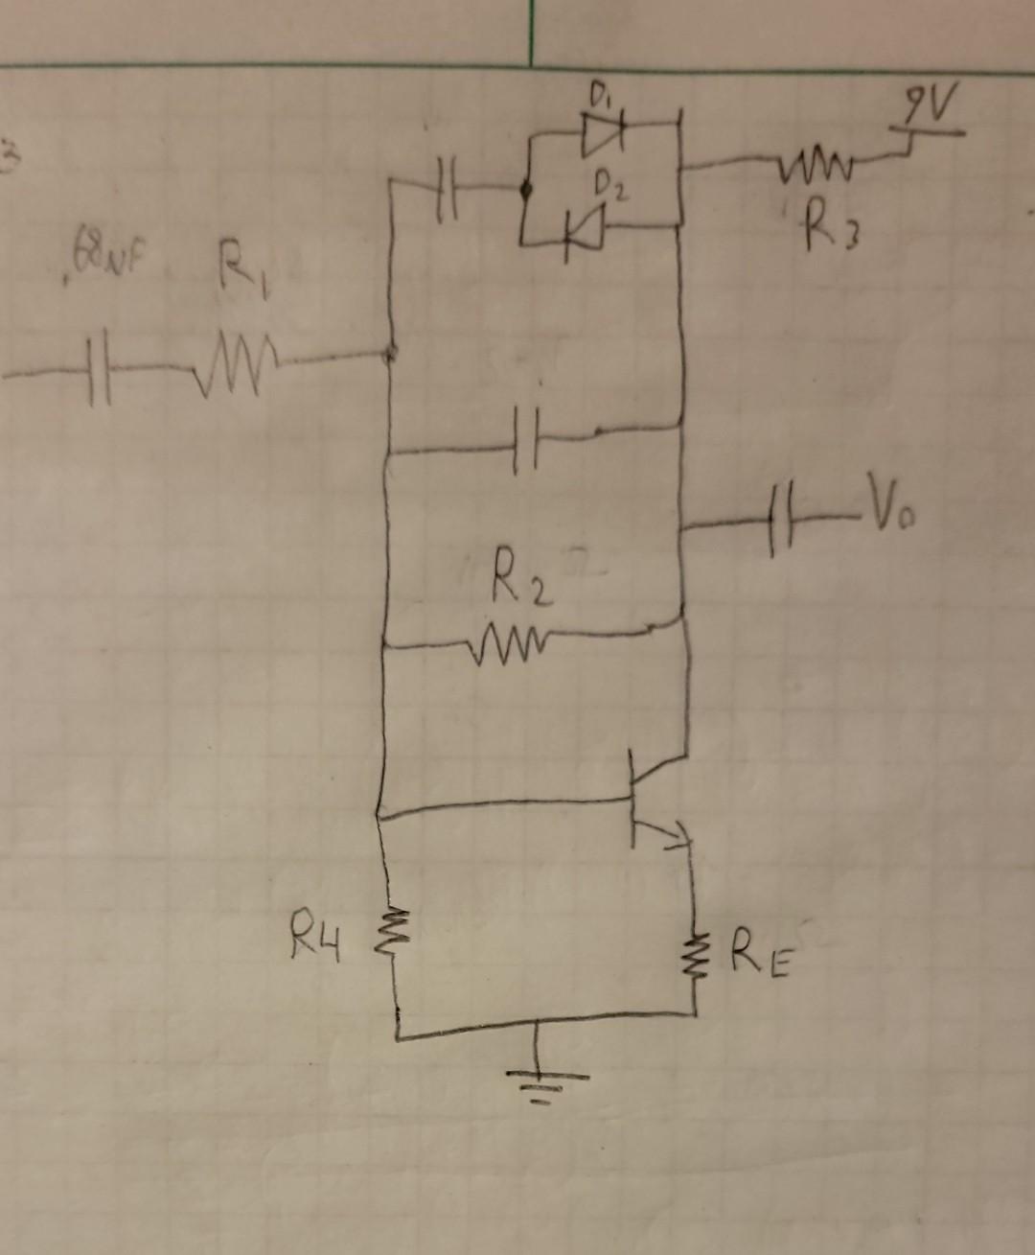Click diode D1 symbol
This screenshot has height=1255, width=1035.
click(x=603, y=135)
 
